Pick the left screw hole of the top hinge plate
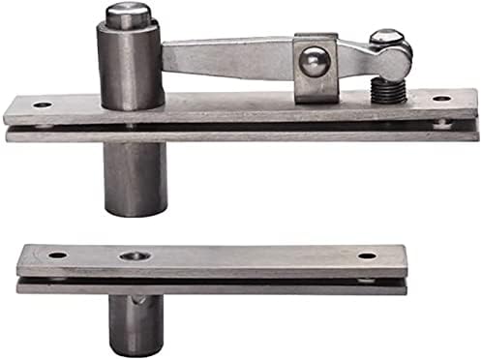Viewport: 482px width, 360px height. coord(41,105)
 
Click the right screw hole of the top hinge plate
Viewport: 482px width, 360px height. coord(441,99)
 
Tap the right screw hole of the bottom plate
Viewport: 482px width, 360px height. coord(367,256)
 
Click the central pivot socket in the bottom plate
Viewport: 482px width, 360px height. coord(132,256)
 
